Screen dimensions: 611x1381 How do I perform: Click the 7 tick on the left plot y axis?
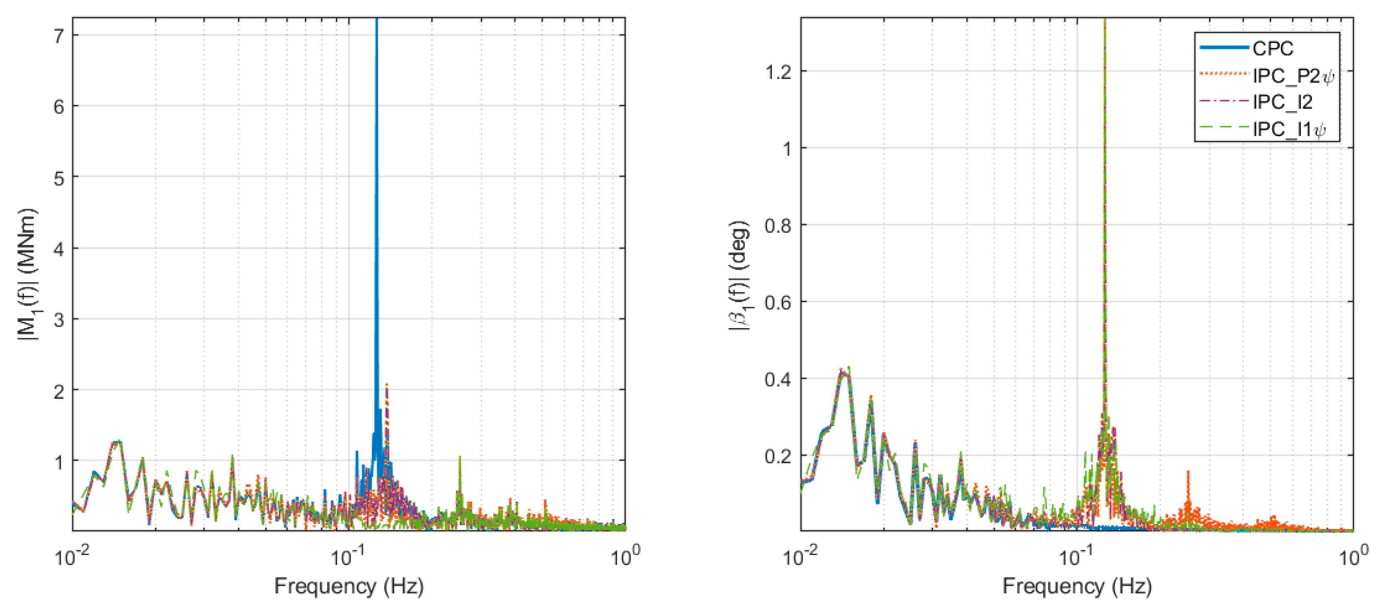tap(59, 36)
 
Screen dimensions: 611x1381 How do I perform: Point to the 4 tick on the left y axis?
tap(59, 249)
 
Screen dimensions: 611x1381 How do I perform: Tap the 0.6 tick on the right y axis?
tap(779, 303)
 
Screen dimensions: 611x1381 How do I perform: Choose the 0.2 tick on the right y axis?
tap(779, 457)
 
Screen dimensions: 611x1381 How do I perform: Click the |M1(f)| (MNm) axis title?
tap(27, 274)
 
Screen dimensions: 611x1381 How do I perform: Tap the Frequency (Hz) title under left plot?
tap(349, 586)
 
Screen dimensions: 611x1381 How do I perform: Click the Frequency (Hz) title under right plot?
tap(1077, 586)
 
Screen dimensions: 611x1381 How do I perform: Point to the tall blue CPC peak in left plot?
tap(377, 107)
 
